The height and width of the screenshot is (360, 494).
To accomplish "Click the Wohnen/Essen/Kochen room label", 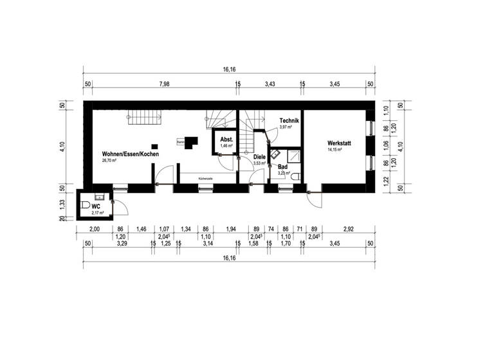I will (x=130, y=154).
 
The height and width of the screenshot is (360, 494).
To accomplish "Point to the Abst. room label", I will (x=226, y=139).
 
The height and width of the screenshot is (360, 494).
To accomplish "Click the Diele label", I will (x=259, y=157).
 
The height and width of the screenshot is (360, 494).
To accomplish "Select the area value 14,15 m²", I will (x=336, y=150).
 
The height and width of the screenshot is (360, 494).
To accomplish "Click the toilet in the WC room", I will (x=85, y=206).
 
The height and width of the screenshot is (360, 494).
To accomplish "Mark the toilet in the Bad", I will (x=295, y=175).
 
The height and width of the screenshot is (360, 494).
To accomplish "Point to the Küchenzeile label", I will (x=206, y=178).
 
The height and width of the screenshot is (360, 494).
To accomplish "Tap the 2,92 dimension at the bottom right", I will (x=348, y=230).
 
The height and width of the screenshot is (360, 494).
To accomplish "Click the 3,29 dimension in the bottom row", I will (x=121, y=244).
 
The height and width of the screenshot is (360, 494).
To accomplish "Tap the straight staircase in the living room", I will (x=147, y=117).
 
